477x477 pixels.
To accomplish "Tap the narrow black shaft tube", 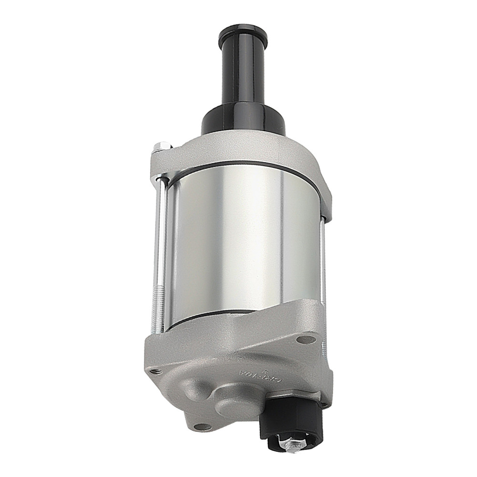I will (x=243, y=76).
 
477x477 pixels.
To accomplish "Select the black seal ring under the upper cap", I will (x=248, y=165).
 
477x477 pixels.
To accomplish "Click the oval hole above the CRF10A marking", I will (x=306, y=340).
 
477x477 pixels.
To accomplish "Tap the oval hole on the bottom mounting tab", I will (x=203, y=426).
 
